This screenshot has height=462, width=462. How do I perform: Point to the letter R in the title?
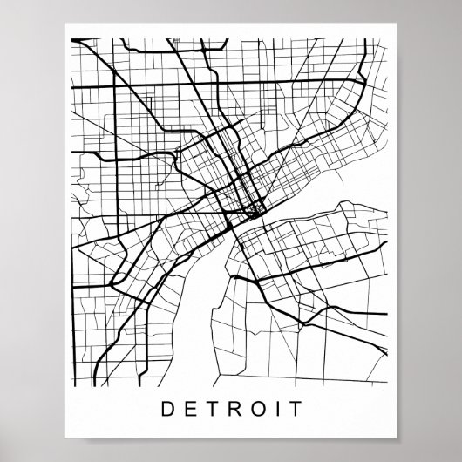pyautogui.click(x=230, y=408)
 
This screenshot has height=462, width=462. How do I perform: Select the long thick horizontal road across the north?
pyautogui.click(x=218, y=85)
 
